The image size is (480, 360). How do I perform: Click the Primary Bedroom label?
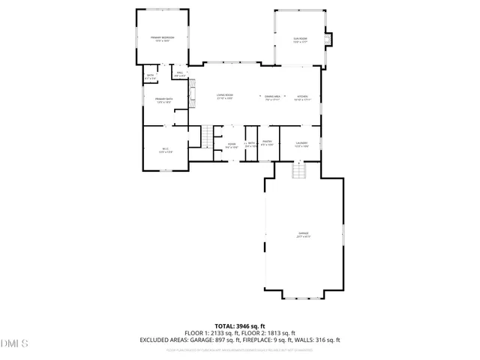[162, 38]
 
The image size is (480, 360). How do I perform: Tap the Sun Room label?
[300, 38]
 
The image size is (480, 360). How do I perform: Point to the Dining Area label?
[272, 97]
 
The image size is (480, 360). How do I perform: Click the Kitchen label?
[301, 97]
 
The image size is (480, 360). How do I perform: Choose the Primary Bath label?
[164, 101]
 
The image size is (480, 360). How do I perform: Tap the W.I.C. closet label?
[166, 150]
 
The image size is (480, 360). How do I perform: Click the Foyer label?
[232, 145]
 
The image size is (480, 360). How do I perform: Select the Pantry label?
[266, 142]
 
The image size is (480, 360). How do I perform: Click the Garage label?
[303, 235]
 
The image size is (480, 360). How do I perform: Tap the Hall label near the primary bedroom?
[180, 74]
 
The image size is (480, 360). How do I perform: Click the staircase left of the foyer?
[207, 136]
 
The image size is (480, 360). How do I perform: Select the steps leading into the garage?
[300, 172]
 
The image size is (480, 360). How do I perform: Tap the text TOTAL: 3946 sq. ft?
[239, 326]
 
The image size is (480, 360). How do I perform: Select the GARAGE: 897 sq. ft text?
[224, 340]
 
